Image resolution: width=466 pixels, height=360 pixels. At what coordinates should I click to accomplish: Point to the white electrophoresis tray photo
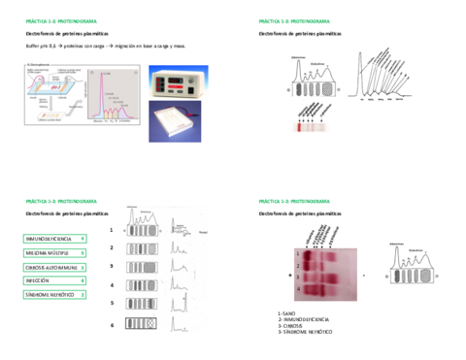[175, 124]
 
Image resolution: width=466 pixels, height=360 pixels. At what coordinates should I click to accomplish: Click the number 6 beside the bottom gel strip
[112, 325]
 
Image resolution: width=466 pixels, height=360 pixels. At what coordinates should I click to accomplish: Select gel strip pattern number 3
[142, 265]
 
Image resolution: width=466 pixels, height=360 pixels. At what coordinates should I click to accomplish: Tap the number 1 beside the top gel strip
[112, 231]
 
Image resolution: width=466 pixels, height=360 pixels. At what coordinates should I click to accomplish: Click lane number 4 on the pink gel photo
[299, 288]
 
